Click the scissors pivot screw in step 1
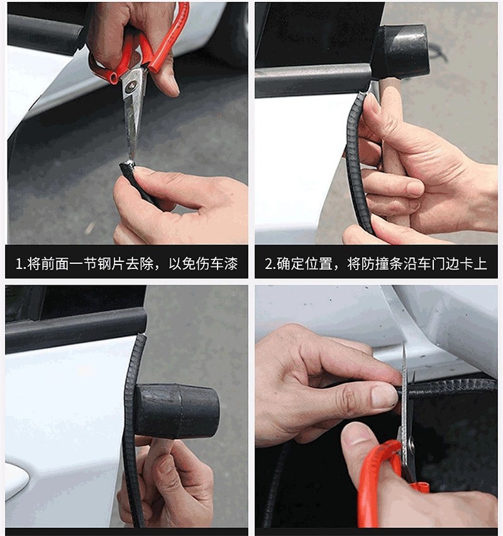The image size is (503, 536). pyautogui.click(x=130, y=86)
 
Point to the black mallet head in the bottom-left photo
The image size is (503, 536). pyautogui.click(x=176, y=411)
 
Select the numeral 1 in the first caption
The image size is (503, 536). pyautogui.click(x=19, y=265)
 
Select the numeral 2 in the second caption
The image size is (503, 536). pyautogui.click(x=268, y=265)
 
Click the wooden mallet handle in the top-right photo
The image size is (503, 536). pyautogui.click(x=390, y=143)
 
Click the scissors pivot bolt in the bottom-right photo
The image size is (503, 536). pyautogui.click(x=411, y=444)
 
